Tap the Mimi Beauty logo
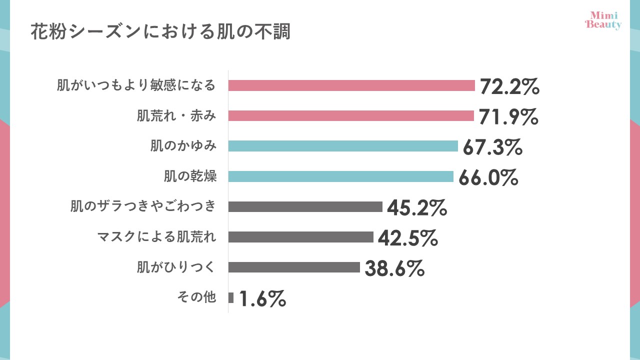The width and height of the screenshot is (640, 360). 603,20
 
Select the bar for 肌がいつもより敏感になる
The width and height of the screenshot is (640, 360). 351,85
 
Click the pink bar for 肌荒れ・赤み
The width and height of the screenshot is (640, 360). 351,116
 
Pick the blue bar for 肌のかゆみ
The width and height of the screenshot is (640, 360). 343,146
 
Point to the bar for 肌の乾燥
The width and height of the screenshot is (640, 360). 341,176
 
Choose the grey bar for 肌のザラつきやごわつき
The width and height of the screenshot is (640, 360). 305,206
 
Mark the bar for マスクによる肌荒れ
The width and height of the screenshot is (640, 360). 301,237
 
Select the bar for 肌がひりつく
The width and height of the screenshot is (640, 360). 294,267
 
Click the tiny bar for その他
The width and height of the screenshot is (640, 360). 231,297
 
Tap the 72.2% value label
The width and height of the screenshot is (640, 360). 509,86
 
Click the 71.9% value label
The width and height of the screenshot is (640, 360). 508,117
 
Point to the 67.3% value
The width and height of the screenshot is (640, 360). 492,147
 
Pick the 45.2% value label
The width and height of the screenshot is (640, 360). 416,208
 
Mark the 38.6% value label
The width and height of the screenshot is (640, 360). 394,268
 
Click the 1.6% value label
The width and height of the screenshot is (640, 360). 262,299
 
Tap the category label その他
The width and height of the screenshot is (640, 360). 196,297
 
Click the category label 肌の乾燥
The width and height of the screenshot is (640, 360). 190,176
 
